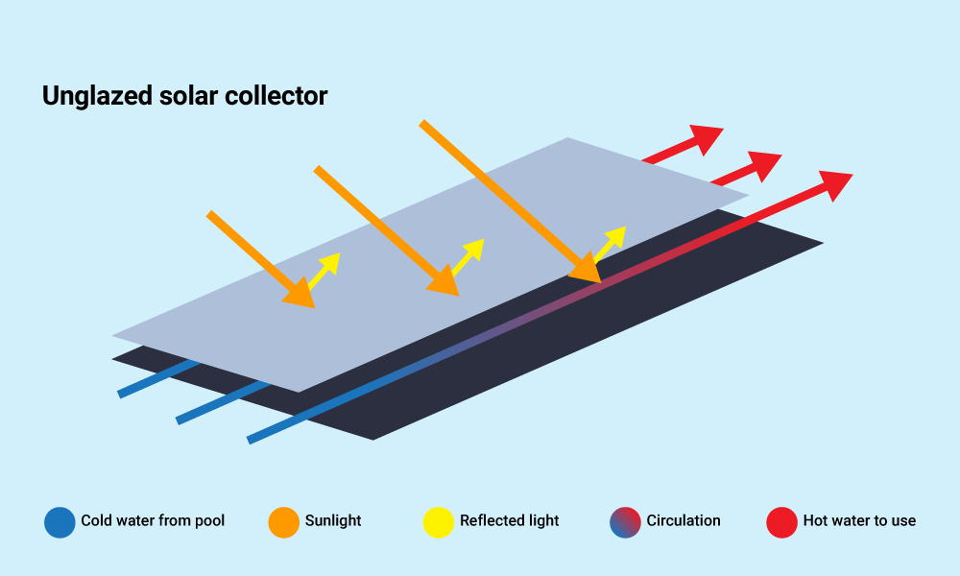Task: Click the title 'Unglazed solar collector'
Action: [184, 96]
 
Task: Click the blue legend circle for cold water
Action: [60, 521]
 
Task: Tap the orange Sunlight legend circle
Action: [284, 521]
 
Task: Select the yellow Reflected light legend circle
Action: [439, 521]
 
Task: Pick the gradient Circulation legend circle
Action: [625, 521]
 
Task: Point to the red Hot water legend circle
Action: [781, 521]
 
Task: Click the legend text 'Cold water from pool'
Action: [153, 521]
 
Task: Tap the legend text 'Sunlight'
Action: [333, 521]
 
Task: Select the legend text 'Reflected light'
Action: [509, 521]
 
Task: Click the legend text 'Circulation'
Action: [684, 521]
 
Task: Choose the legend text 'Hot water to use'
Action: [859, 521]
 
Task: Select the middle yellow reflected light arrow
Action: [468, 255]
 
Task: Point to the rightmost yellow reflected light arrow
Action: [611, 243]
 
